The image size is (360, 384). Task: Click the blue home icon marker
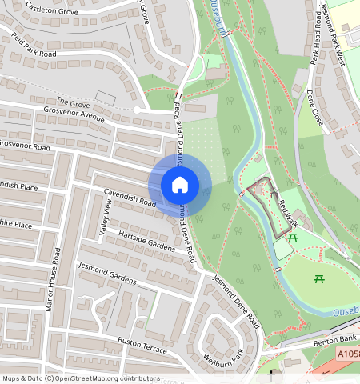(x=180, y=185)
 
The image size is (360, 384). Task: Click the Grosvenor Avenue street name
(x=74, y=116)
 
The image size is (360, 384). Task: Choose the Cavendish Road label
(x=130, y=198)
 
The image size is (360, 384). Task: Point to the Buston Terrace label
(x=142, y=346)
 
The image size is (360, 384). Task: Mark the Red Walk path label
(x=288, y=210)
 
